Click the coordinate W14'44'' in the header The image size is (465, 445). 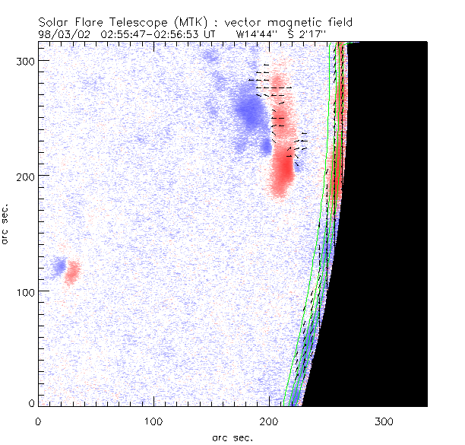click(x=255, y=34)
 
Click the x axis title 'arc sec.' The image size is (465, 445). click(x=232, y=437)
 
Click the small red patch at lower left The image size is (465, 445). click(x=72, y=272)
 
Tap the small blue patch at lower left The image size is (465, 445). click(x=58, y=266)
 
